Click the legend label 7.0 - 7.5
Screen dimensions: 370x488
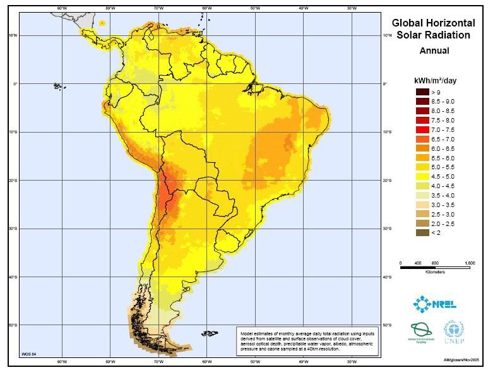point(443,129)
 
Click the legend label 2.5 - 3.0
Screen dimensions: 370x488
point(443,214)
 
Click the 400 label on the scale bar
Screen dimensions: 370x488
point(417,262)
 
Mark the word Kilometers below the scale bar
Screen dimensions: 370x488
point(435,273)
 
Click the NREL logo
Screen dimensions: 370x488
point(435,304)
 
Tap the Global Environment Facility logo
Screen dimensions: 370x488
point(419,332)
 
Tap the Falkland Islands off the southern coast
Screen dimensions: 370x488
point(209,331)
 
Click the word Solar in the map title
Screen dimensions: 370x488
point(409,35)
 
